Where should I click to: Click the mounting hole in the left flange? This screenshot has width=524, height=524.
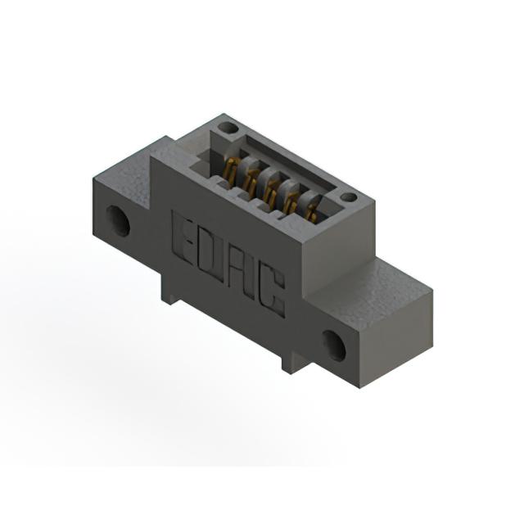118,221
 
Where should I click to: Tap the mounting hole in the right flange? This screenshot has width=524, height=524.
334,346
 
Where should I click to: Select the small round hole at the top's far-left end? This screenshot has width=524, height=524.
227,128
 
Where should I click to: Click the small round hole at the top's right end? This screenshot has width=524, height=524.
349,197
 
